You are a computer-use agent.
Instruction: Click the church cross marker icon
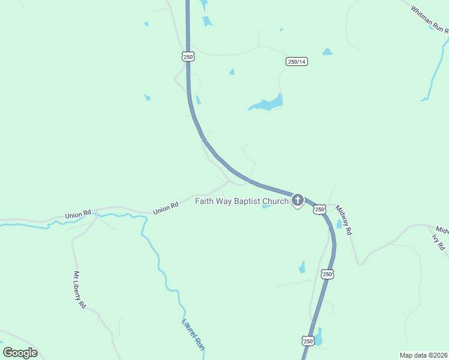[298, 200]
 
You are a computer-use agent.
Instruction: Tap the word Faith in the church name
[206, 201]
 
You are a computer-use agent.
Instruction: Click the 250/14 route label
[297, 62]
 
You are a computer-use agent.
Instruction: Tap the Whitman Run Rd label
[430, 17]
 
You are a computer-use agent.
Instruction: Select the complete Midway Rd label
[343, 220]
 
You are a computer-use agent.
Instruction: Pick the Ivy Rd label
[438, 242]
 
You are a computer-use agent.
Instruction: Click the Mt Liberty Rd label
[80, 290]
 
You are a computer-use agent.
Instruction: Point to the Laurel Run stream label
[194, 334]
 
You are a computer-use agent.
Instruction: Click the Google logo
[20, 353]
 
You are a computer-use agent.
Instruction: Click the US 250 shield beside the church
[319, 209]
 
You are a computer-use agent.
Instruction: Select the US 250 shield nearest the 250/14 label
[188, 57]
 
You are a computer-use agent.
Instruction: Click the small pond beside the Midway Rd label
[339, 224]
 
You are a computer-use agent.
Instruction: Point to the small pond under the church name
[266, 207]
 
